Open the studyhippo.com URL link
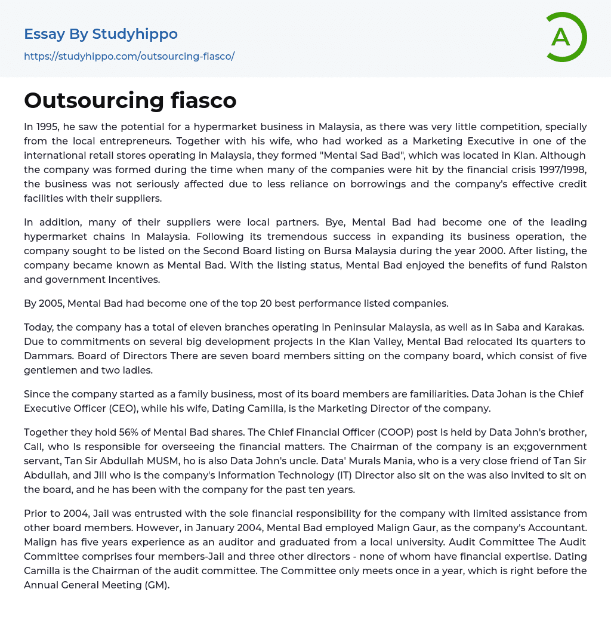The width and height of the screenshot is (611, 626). click(129, 56)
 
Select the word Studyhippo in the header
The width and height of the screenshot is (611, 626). click(135, 34)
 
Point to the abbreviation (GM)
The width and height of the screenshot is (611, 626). click(156, 585)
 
